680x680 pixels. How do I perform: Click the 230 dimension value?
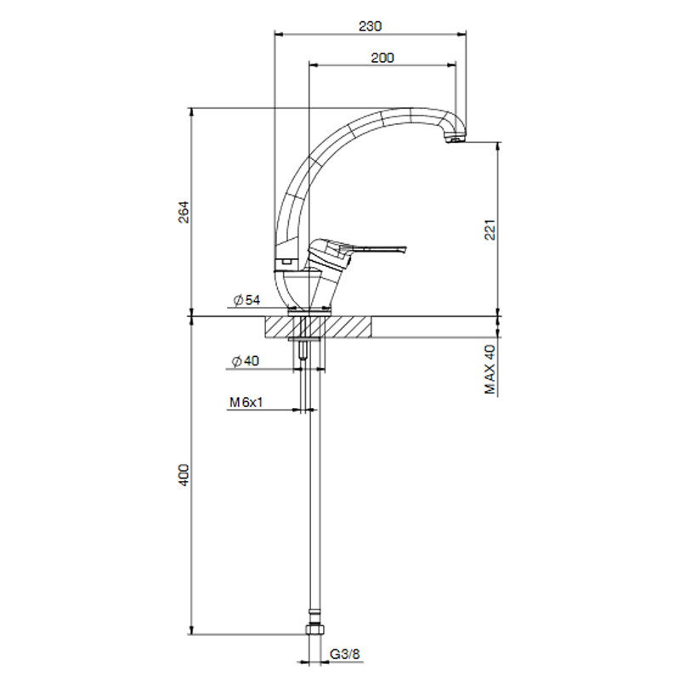click(x=371, y=26)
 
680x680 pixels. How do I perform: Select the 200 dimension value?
click(x=382, y=58)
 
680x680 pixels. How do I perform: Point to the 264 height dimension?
click(x=184, y=212)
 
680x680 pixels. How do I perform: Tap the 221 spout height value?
click(x=490, y=229)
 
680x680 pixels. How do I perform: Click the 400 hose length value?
click(x=184, y=475)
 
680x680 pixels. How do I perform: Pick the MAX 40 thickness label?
click(x=490, y=369)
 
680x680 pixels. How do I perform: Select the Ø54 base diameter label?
click(x=246, y=300)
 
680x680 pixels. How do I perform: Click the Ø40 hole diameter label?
click(x=246, y=360)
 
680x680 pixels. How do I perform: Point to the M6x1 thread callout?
click(x=246, y=402)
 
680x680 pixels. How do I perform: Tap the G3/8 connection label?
click(x=345, y=654)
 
